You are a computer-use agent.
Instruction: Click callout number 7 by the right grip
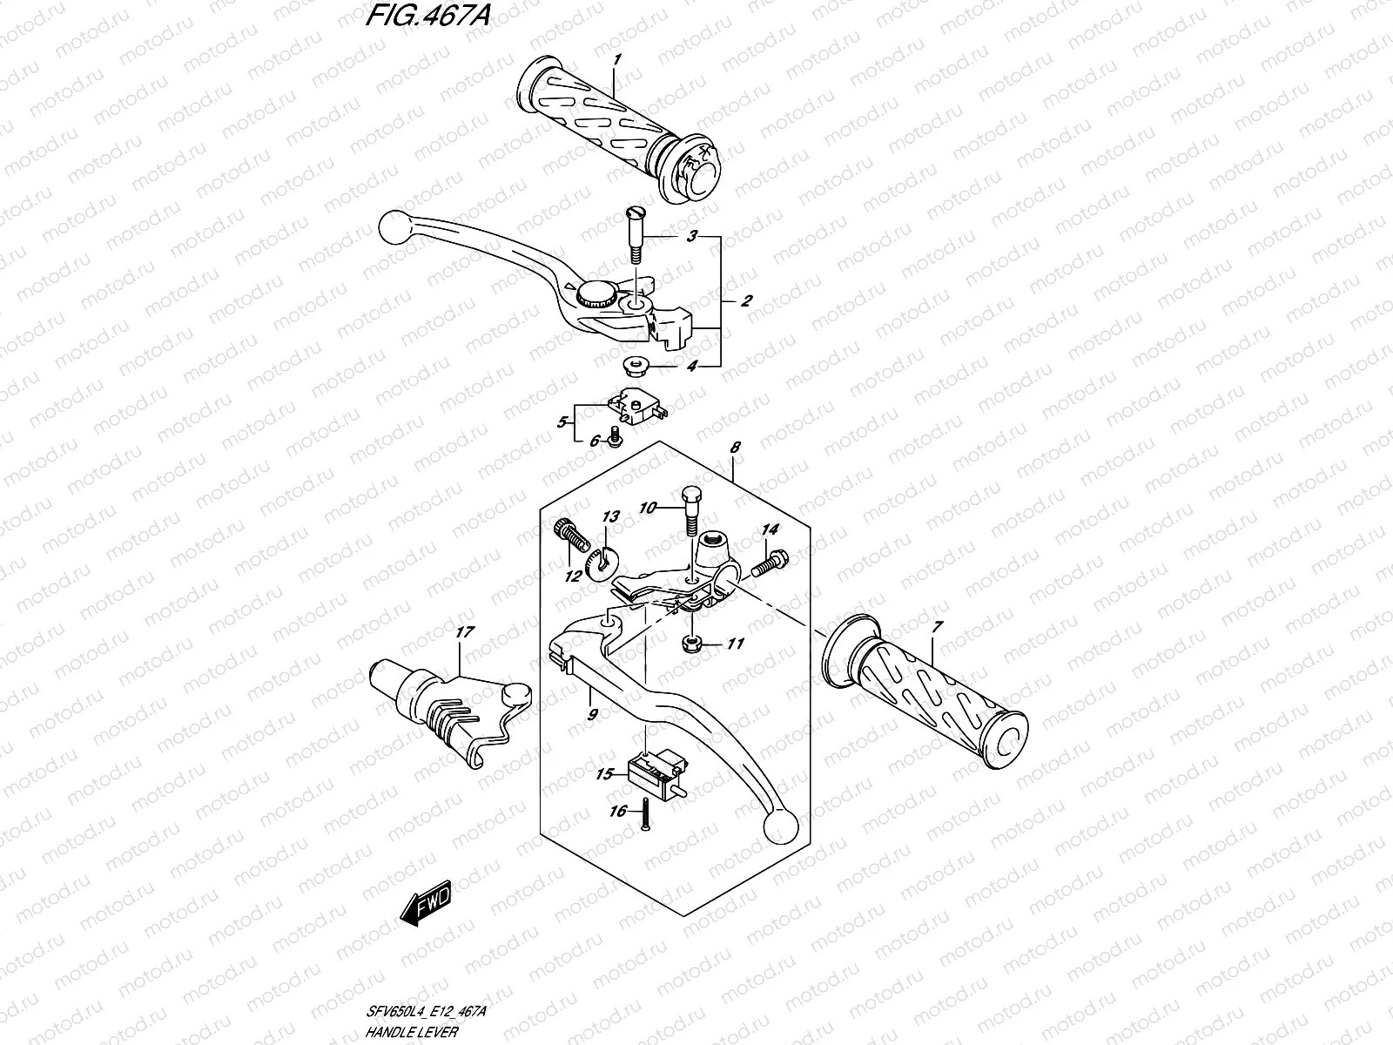click(936, 627)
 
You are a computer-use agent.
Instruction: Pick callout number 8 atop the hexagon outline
click(735, 447)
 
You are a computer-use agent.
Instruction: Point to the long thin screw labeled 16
click(644, 816)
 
